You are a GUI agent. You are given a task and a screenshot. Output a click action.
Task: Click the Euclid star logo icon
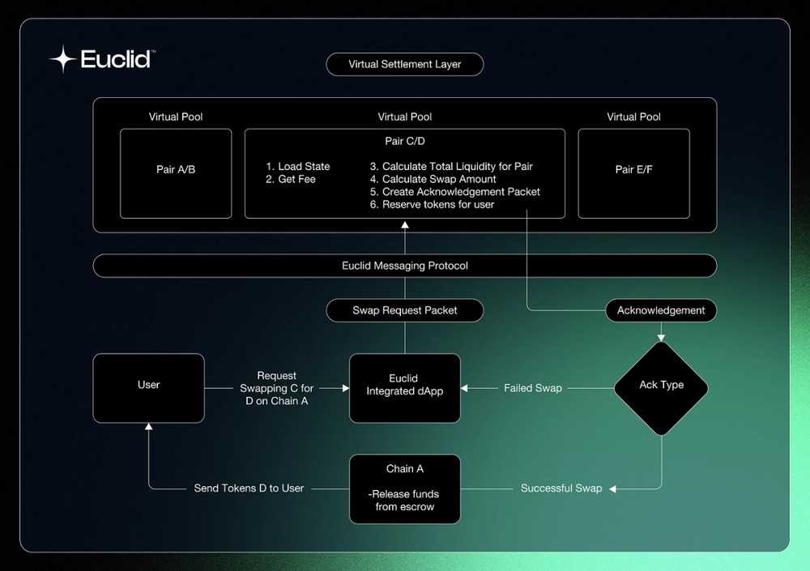[63, 59]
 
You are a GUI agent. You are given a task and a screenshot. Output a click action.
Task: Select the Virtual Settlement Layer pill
[405, 65]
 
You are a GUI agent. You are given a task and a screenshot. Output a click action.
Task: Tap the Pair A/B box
[176, 173]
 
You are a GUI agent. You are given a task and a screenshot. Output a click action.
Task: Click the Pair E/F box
[634, 173]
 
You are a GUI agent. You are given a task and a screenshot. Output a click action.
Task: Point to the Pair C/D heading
[405, 141]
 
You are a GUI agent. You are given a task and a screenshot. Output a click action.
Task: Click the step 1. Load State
[298, 166]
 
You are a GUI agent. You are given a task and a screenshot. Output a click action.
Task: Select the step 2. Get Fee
[291, 179]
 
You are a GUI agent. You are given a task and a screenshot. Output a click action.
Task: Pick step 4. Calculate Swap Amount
[433, 179]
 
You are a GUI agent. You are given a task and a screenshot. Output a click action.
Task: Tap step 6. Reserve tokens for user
[432, 205]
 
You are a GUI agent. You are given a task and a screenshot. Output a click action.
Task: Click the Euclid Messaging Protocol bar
[405, 266]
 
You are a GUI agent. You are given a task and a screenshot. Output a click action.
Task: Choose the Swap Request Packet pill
[405, 310]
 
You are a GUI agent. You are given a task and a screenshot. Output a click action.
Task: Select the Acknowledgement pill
[661, 310]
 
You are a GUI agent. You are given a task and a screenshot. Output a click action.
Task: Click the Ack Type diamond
[661, 388]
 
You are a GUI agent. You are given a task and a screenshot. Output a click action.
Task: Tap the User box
[149, 388]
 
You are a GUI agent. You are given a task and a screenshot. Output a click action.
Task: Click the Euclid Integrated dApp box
[405, 388]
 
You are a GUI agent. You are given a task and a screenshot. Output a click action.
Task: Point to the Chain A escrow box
[405, 489]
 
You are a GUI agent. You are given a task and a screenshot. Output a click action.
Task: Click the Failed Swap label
[533, 388]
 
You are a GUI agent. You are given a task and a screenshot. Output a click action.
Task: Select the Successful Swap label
[561, 488]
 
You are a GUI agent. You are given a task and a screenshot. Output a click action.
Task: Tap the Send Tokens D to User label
[249, 488]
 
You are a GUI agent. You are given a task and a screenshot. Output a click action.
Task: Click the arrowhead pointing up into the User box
[149, 427]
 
